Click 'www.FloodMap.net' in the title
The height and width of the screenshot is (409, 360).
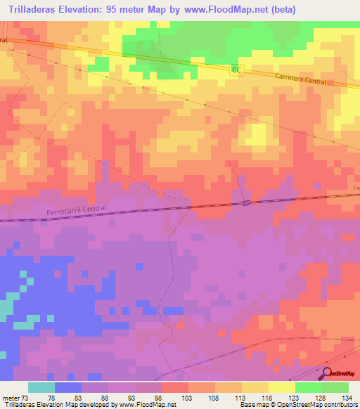[x=226, y=9]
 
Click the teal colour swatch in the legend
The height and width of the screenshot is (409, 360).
[x=41, y=387]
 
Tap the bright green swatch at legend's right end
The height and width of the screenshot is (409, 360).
[x=335, y=387]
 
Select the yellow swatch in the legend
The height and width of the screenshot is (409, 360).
[x=282, y=387]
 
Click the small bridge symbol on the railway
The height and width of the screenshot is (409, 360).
[x=246, y=203]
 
